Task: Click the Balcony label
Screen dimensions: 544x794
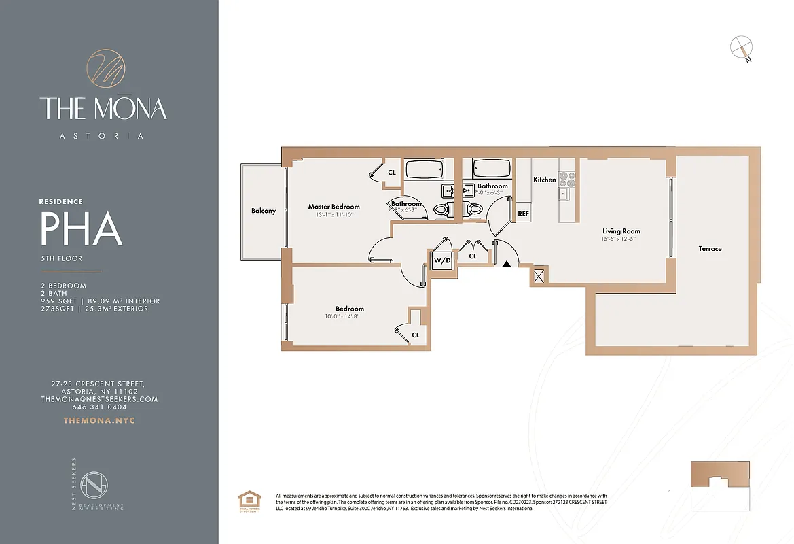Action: tap(264, 211)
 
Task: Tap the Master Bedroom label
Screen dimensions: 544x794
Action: tap(333, 207)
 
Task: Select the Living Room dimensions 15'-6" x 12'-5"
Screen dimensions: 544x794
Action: tap(621, 239)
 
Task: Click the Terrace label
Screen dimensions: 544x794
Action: tap(710, 249)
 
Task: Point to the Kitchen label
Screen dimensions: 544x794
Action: tap(544, 180)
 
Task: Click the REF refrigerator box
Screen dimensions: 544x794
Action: tap(524, 213)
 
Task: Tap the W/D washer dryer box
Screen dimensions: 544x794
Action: tap(443, 260)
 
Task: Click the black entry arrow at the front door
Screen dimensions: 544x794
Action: tap(506, 265)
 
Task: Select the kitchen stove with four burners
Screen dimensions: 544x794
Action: tap(567, 179)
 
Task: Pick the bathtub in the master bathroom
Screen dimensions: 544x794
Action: tap(424, 168)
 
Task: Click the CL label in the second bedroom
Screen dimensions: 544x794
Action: tap(415, 335)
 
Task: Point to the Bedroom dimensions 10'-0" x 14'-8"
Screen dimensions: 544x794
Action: tap(349, 316)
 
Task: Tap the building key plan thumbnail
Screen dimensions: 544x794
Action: tap(720, 486)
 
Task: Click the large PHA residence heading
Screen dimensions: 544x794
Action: tap(82, 229)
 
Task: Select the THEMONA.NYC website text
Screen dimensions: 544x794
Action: tap(99, 420)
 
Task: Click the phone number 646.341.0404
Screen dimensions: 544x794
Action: tap(99, 407)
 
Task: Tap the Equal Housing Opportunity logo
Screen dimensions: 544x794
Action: tap(248, 503)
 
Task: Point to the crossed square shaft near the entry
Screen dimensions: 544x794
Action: tap(540, 275)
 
